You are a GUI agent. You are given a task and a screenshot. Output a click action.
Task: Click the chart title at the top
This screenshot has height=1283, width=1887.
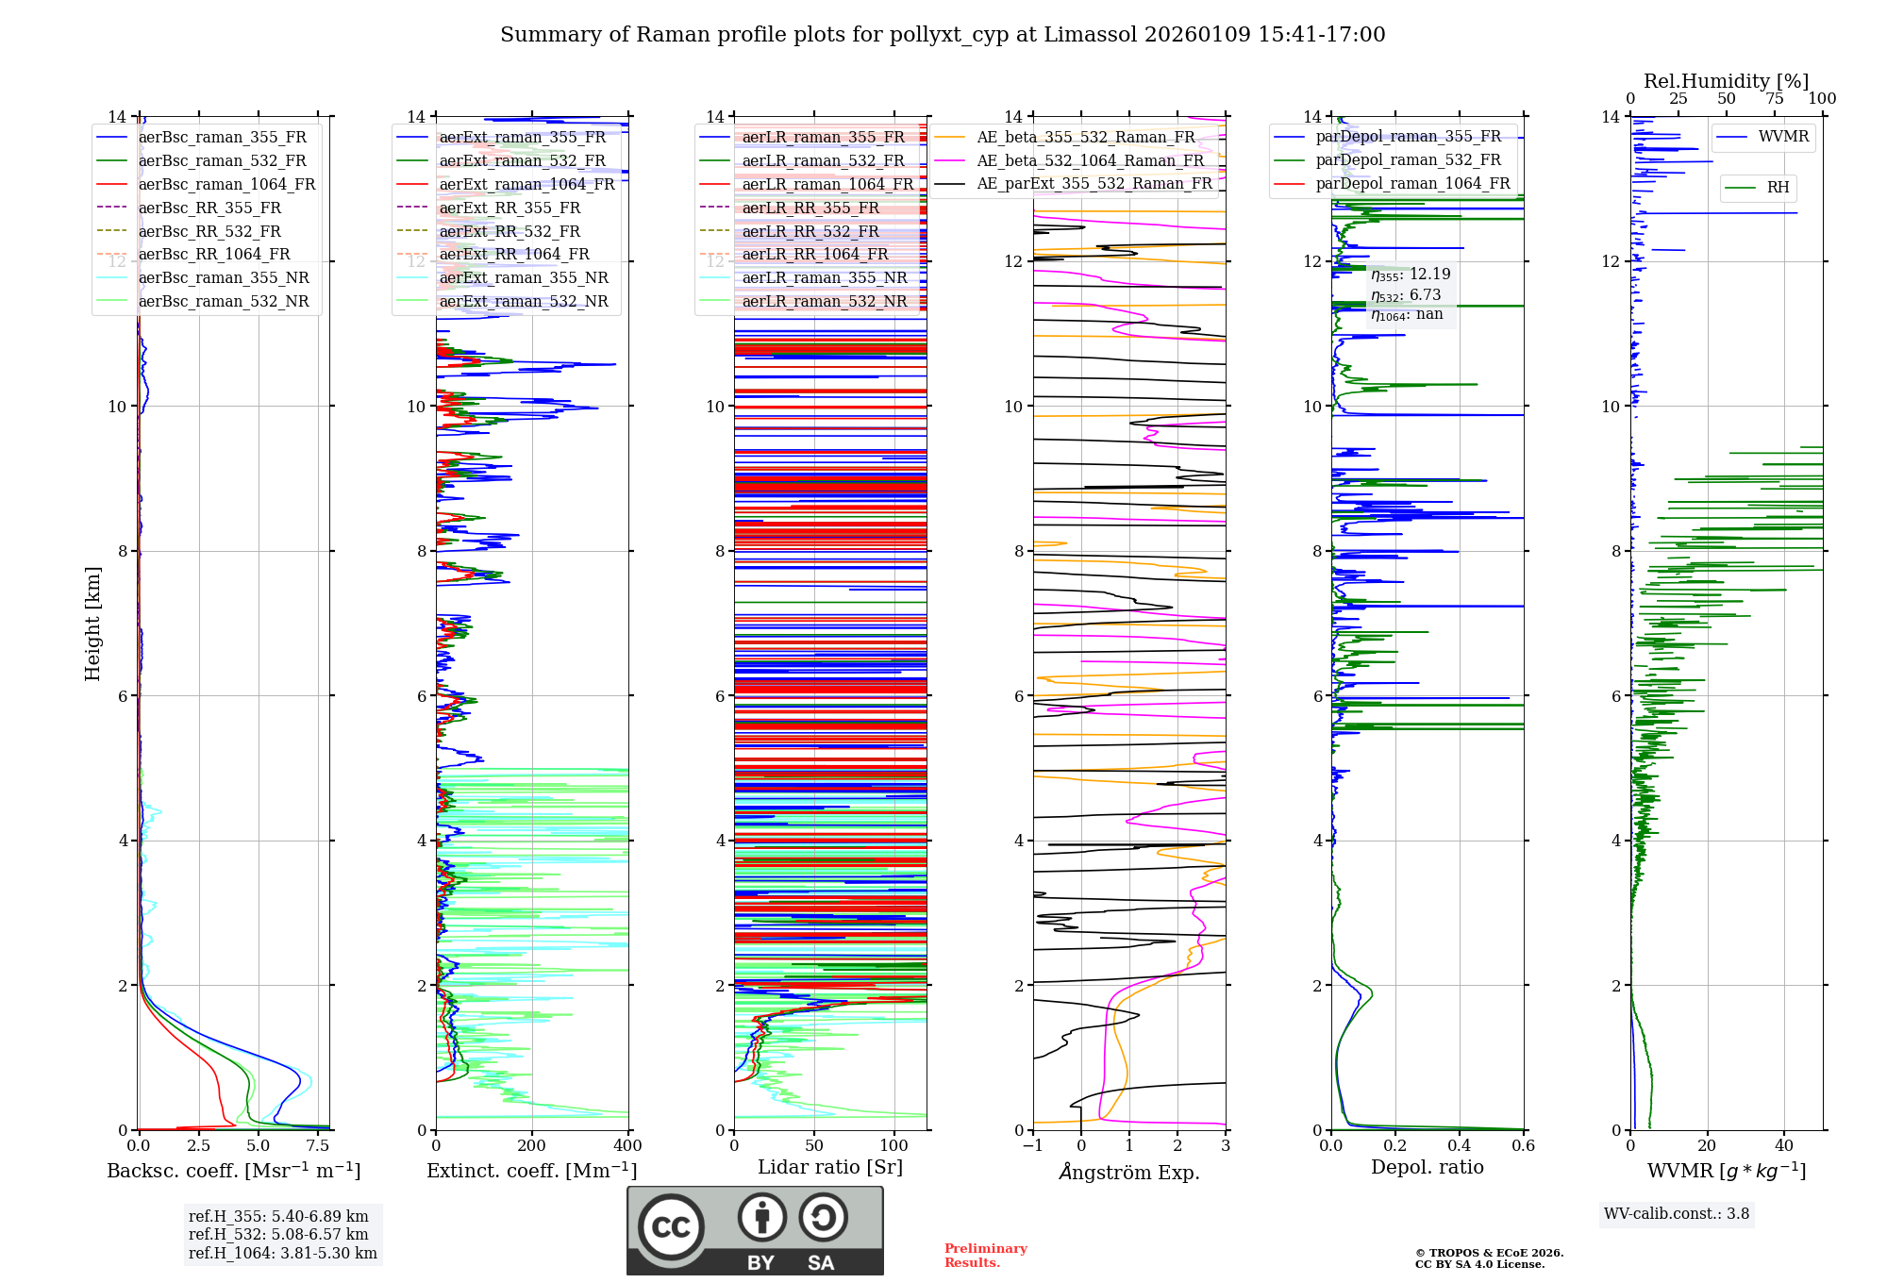(x=943, y=35)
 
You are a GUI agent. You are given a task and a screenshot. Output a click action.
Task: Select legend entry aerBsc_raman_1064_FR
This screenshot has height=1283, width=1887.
(x=226, y=184)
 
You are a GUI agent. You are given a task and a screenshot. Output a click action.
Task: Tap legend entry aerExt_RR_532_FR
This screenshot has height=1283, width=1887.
(x=509, y=231)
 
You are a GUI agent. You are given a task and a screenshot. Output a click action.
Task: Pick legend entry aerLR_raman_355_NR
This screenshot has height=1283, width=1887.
(x=825, y=277)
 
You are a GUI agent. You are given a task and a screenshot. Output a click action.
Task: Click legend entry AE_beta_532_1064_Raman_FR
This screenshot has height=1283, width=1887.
(x=1090, y=160)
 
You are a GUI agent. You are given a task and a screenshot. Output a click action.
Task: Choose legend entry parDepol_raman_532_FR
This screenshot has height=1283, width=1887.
(x=1408, y=159)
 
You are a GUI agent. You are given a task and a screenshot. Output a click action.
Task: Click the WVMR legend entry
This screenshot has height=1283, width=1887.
(x=1783, y=137)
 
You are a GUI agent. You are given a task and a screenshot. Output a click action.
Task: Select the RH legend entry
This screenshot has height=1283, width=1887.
(x=1778, y=188)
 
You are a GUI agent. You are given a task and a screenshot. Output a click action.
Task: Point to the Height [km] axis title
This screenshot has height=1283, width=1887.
(x=92, y=624)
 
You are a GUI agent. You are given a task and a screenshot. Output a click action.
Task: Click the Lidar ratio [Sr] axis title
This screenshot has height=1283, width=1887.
(x=830, y=1167)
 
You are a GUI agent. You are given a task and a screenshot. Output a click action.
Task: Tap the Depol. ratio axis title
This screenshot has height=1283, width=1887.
(x=1427, y=1167)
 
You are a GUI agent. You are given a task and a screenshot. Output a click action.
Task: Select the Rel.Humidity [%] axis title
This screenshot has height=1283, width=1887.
(x=1726, y=81)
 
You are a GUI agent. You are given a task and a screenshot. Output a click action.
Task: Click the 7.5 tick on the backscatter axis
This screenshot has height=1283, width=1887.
(x=318, y=1146)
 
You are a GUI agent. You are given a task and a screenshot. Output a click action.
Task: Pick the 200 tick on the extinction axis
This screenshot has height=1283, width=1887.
(x=532, y=1146)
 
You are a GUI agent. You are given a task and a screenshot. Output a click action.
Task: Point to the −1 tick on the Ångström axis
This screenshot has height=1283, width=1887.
(x=1033, y=1146)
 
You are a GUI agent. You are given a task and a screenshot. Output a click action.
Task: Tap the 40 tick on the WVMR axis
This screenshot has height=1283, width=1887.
(x=1784, y=1146)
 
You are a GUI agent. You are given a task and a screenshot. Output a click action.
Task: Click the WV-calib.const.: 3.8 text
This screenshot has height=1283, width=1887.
(x=1677, y=1214)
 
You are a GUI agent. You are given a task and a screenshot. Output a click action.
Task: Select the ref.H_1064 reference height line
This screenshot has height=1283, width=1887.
(x=282, y=1254)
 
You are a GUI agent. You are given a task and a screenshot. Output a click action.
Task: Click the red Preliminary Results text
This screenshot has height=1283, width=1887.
(x=985, y=1256)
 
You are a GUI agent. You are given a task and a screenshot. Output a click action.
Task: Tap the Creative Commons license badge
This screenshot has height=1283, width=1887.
(x=755, y=1231)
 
